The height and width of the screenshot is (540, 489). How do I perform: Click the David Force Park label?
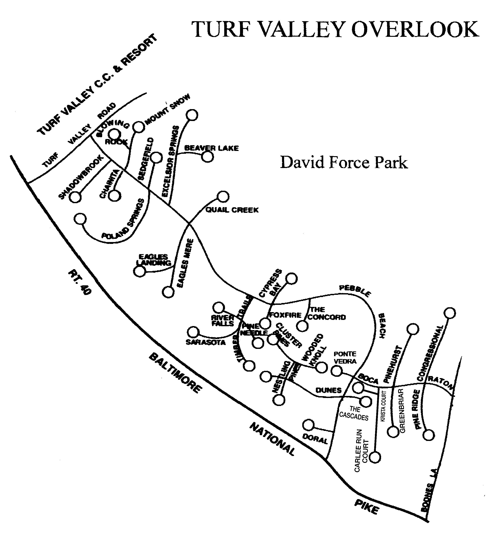(344, 163)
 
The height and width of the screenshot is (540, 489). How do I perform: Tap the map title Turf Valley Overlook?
(335, 30)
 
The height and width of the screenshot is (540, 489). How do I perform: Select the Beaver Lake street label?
(211, 148)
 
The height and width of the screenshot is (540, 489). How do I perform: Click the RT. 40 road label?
(80, 282)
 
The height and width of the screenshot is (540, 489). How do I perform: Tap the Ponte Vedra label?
(345, 358)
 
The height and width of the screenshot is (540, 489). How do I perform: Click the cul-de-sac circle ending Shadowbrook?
(75, 197)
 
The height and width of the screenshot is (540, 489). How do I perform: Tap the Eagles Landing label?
(154, 260)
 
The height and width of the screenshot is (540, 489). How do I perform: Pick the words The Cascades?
(354, 413)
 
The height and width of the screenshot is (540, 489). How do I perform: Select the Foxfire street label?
(285, 315)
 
